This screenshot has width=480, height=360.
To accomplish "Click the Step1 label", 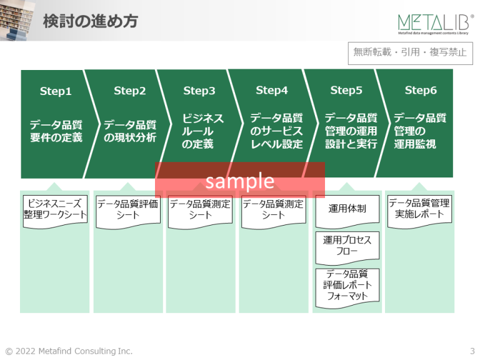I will [x=56, y=91].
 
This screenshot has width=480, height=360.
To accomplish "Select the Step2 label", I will [x=129, y=91].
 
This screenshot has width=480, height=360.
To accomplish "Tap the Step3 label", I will [x=199, y=91].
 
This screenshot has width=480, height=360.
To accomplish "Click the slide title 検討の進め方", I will [x=90, y=21].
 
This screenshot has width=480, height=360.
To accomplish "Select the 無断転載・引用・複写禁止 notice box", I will [x=410, y=52].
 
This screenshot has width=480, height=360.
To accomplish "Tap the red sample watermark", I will [x=240, y=181].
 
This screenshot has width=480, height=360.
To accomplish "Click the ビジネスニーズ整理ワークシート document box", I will [x=55, y=209].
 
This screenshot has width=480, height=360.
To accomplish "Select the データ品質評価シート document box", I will [x=128, y=210].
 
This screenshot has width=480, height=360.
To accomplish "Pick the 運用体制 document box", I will [x=347, y=209].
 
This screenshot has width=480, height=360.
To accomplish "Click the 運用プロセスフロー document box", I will [x=347, y=246].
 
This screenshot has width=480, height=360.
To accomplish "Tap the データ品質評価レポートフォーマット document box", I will [x=347, y=286].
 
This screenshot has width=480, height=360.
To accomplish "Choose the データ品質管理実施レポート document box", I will [x=419, y=209].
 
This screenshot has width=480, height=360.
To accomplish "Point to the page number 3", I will [x=472, y=351].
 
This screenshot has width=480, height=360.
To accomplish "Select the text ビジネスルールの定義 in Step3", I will [x=198, y=131].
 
